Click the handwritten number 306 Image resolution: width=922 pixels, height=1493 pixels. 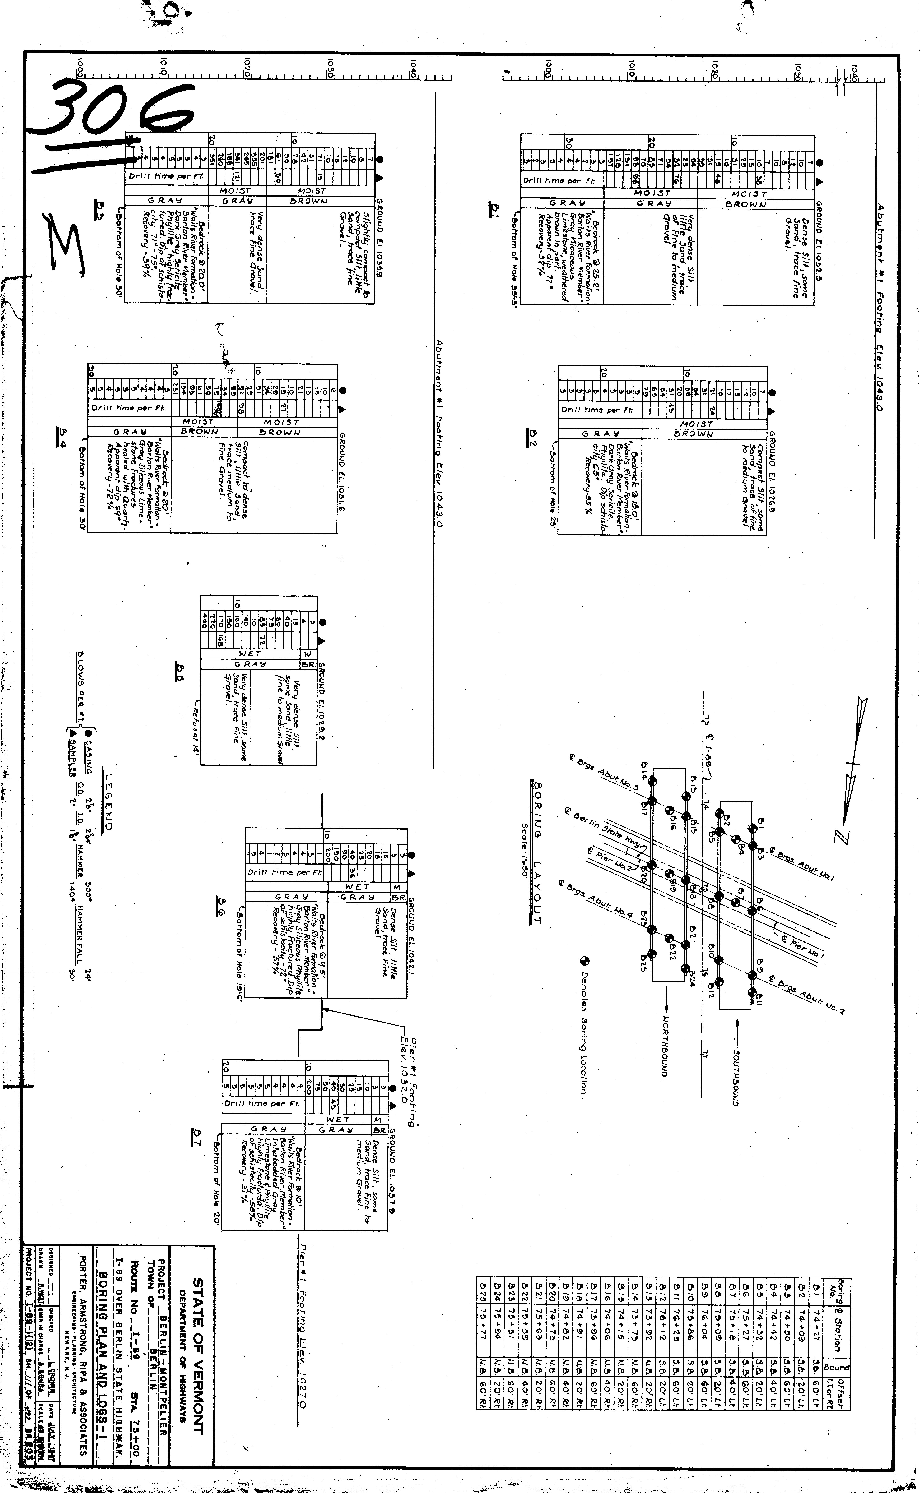click(116, 116)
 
